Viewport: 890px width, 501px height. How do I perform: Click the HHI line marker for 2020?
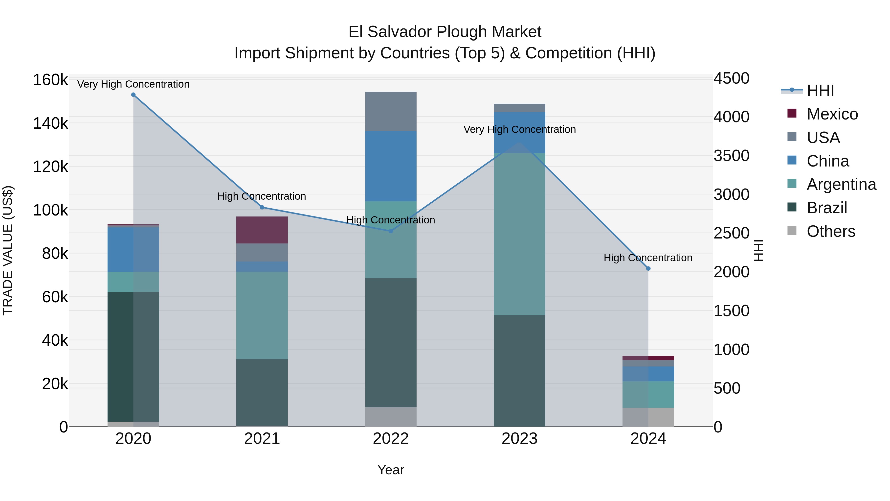click(x=133, y=95)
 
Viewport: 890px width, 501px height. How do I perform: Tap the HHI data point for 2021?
click(x=262, y=208)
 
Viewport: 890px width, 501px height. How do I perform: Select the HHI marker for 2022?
click(x=391, y=231)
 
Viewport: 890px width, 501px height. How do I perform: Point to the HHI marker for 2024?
click(x=648, y=269)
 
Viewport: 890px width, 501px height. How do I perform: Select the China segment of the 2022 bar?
click(x=391, y=166)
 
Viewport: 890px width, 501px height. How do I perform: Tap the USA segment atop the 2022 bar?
click(x=391, y=111)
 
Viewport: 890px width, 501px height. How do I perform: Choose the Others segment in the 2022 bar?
click(x=391, y=417)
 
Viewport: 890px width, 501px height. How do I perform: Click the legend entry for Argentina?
click(x=841, y=184)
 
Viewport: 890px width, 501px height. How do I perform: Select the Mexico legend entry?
click(x=832, y=114)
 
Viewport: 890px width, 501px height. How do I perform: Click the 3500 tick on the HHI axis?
click(x=732, y=156)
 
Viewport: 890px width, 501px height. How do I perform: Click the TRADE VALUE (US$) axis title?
click(x=8, y=250)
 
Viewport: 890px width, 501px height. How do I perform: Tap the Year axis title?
click(x=391, y=470)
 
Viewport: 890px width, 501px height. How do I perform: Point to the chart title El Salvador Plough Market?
click(x=445, y=32)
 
